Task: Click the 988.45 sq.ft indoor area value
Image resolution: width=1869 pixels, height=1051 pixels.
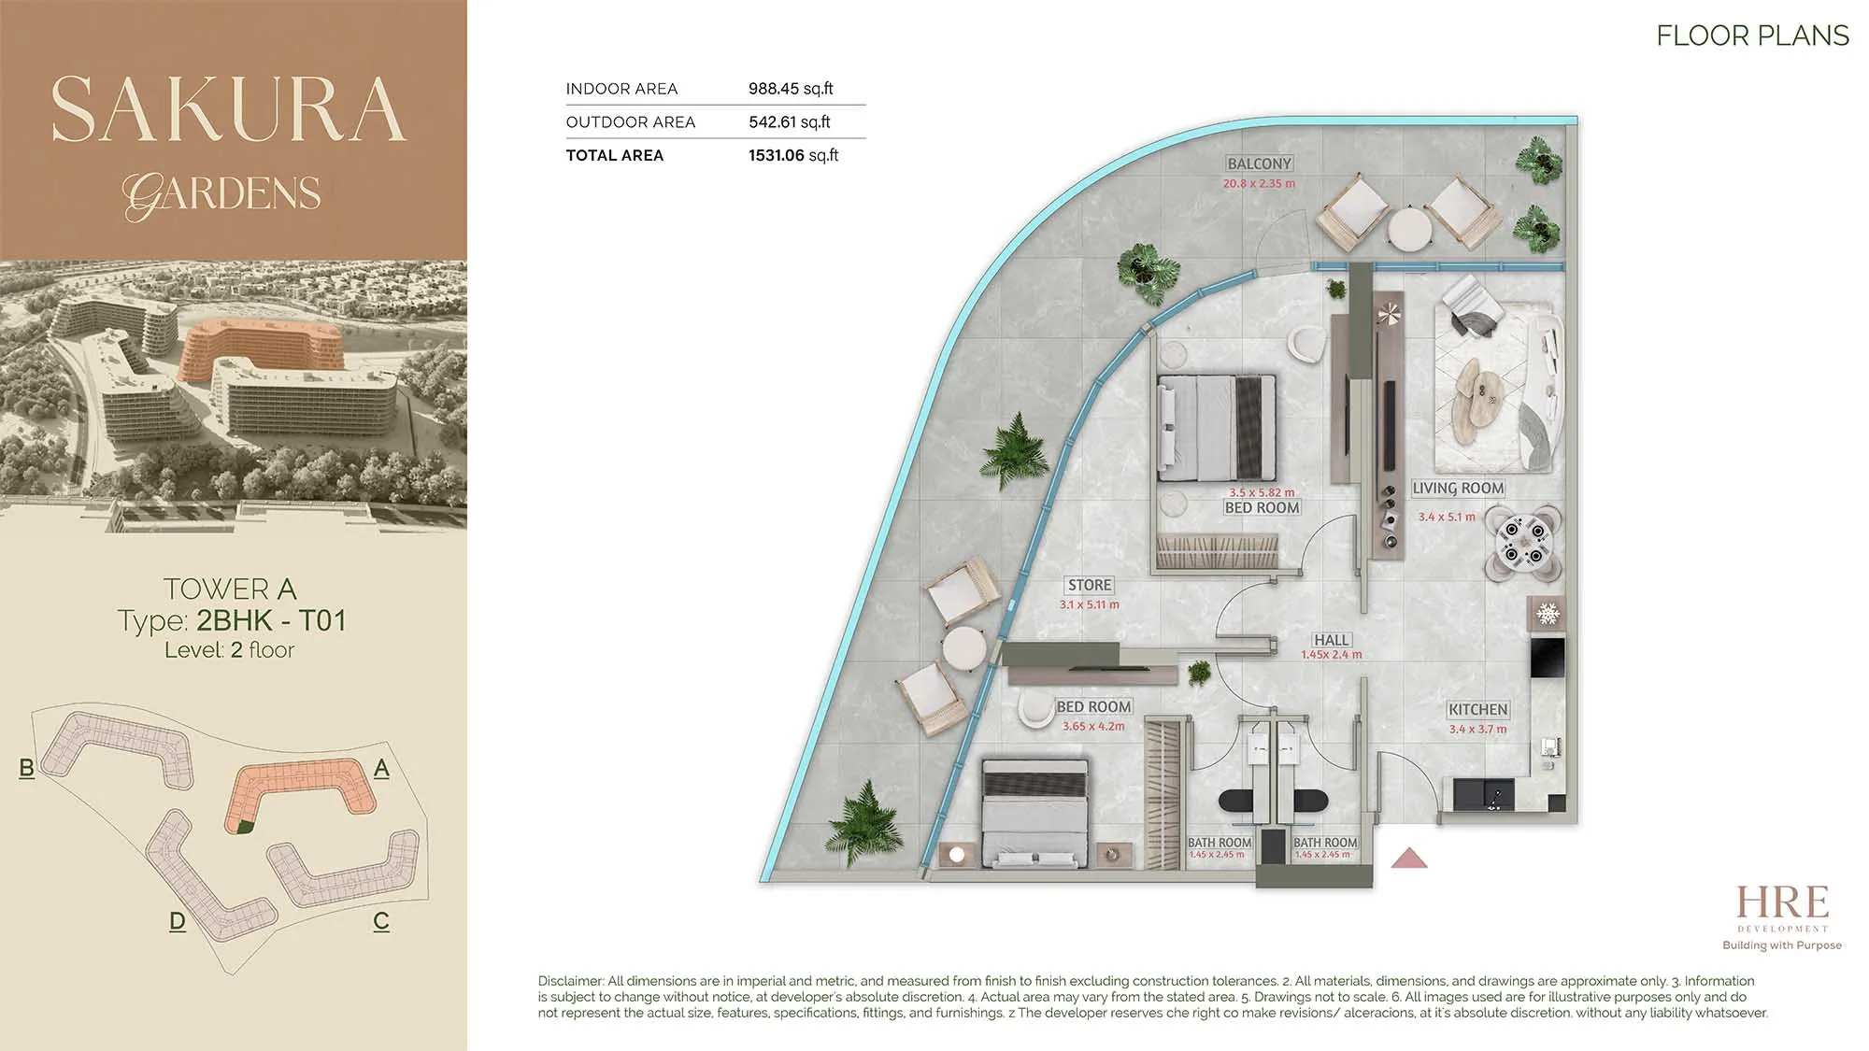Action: (791, 89)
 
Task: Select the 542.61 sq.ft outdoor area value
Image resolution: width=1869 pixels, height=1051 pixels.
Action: (790, 121)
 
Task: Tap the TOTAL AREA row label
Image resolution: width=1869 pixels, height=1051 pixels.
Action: (615, 155)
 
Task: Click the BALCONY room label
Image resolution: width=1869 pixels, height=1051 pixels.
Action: (1260, 163)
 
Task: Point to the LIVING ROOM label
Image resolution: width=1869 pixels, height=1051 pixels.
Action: (1458, 488)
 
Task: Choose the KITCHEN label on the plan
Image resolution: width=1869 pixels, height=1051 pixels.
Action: (1477, 710)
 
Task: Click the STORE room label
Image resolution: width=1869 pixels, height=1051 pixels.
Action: (1090, 585)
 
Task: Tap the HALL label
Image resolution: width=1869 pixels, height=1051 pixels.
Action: (1331, 640)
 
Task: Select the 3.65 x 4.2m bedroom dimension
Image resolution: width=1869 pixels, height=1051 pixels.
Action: (1093, 726)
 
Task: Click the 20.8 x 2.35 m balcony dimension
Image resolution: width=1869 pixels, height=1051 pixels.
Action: (1259, 184)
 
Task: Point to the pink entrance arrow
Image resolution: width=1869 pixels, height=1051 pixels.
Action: (1409, 858)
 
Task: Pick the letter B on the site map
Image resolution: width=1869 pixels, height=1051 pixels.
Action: (26, 768)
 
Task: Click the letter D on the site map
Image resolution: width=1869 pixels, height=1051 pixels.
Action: (178, 921)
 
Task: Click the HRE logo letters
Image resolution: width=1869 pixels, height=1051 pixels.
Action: (1782, 902)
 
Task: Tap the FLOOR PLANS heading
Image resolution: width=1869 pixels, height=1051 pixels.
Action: (1752, 36)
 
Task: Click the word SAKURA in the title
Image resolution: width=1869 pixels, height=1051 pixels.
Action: (229, 109)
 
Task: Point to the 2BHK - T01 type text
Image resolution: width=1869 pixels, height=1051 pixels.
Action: (271, 620)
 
